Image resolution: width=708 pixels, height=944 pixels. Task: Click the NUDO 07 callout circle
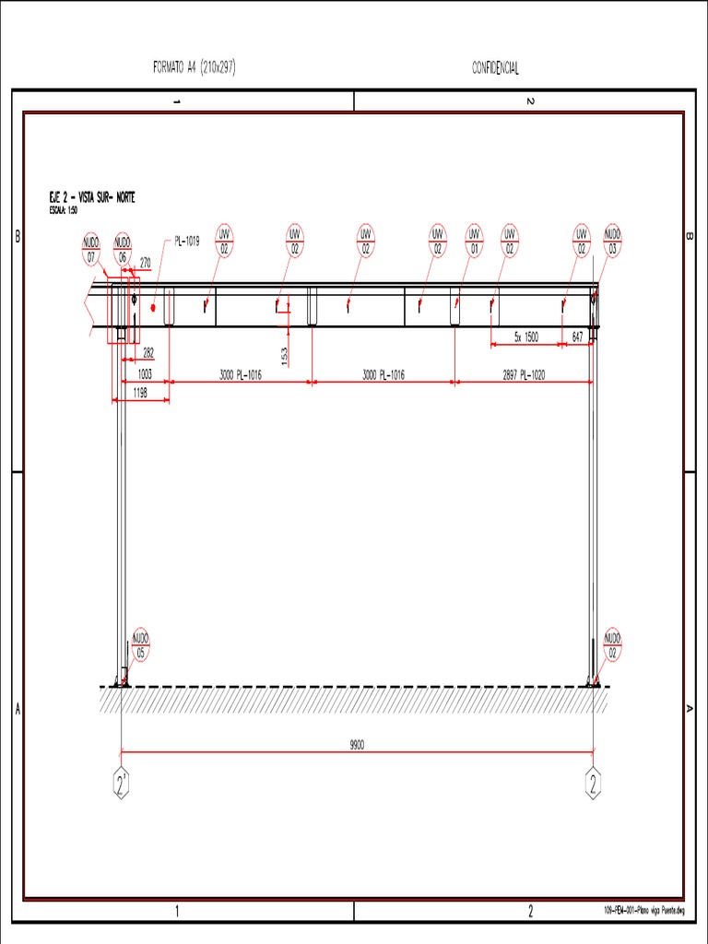point(90,249)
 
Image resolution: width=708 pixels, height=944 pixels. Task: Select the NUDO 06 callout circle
point(123,249)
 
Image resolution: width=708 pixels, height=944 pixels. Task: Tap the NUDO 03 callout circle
point(612,240)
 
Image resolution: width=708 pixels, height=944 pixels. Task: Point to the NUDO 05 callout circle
point(140,645)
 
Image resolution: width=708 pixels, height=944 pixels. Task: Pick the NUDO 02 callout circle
point(612,645)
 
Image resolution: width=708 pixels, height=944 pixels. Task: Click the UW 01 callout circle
point(475,240)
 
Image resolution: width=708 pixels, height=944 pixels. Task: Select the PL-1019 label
point(187,242)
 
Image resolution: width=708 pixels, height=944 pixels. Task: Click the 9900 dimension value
point(358,745)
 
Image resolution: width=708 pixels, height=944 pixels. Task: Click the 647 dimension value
point(577,337)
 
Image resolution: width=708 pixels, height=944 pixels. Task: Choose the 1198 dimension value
point(140,393)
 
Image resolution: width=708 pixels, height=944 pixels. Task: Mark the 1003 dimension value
point(144,375)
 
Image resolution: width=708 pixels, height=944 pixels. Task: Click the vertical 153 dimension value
point(285,352)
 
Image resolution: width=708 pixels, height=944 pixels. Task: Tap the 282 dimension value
point(148,352)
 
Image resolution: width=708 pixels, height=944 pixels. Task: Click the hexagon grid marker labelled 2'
point(122,784)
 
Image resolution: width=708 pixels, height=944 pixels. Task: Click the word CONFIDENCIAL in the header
point(496,69)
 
